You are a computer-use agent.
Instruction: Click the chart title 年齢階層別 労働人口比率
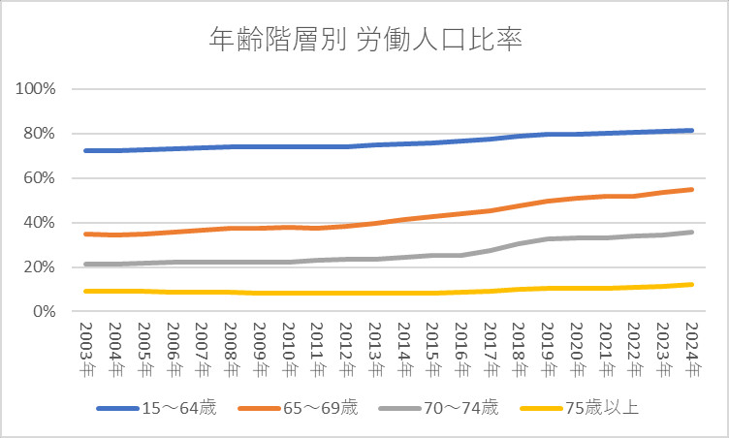365,40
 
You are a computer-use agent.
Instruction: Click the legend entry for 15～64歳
156,408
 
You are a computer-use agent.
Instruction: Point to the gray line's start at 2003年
85,264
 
